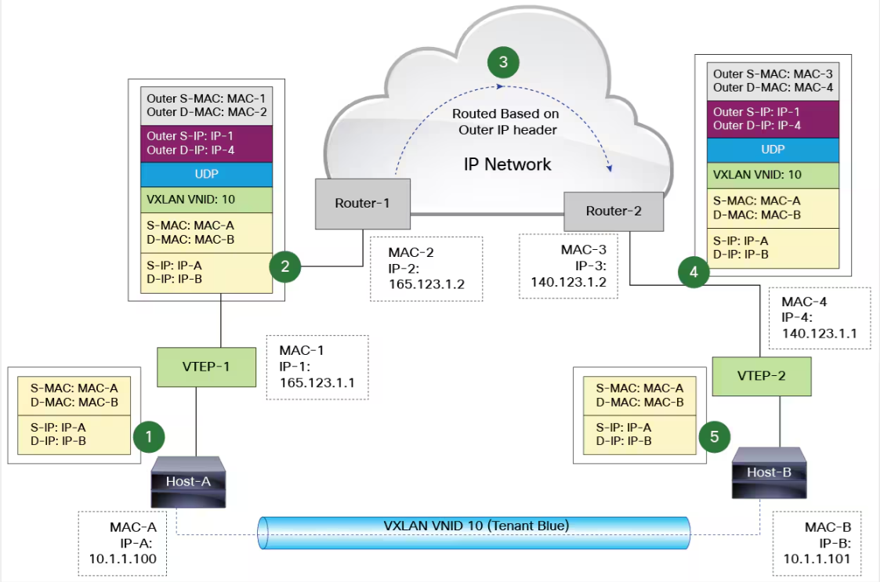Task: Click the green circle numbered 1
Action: (x=149, y=436)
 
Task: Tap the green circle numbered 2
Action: (x=285, y=266)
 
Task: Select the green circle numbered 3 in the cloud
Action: (x=504, y=62)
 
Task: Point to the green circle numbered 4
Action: (x=693, y=273)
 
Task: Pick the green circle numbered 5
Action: (x=714, y=436)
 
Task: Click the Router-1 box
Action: (x=361, y=203)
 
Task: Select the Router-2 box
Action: (x=614, y=211)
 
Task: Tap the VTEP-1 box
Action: (x=207, y=366)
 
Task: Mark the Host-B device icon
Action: (x=769, y=473)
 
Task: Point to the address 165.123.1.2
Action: (x=426, y=284)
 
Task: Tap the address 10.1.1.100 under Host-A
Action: (x=122, y=559)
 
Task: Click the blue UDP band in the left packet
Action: (x=207, y=173)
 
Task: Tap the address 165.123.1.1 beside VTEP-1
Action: (x=317, y=381)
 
